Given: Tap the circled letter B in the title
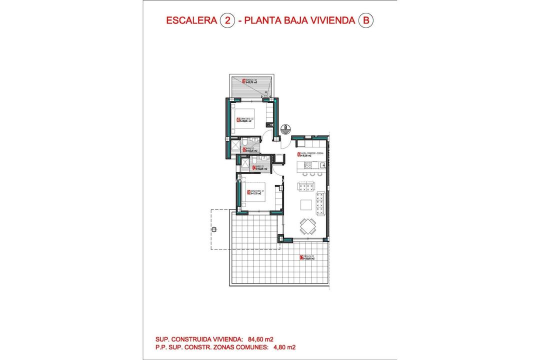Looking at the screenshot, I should [366, 20].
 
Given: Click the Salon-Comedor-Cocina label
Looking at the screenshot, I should [300, 154].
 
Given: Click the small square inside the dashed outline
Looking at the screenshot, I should [214, 229].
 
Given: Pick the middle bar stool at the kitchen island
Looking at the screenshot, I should [312, 174].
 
